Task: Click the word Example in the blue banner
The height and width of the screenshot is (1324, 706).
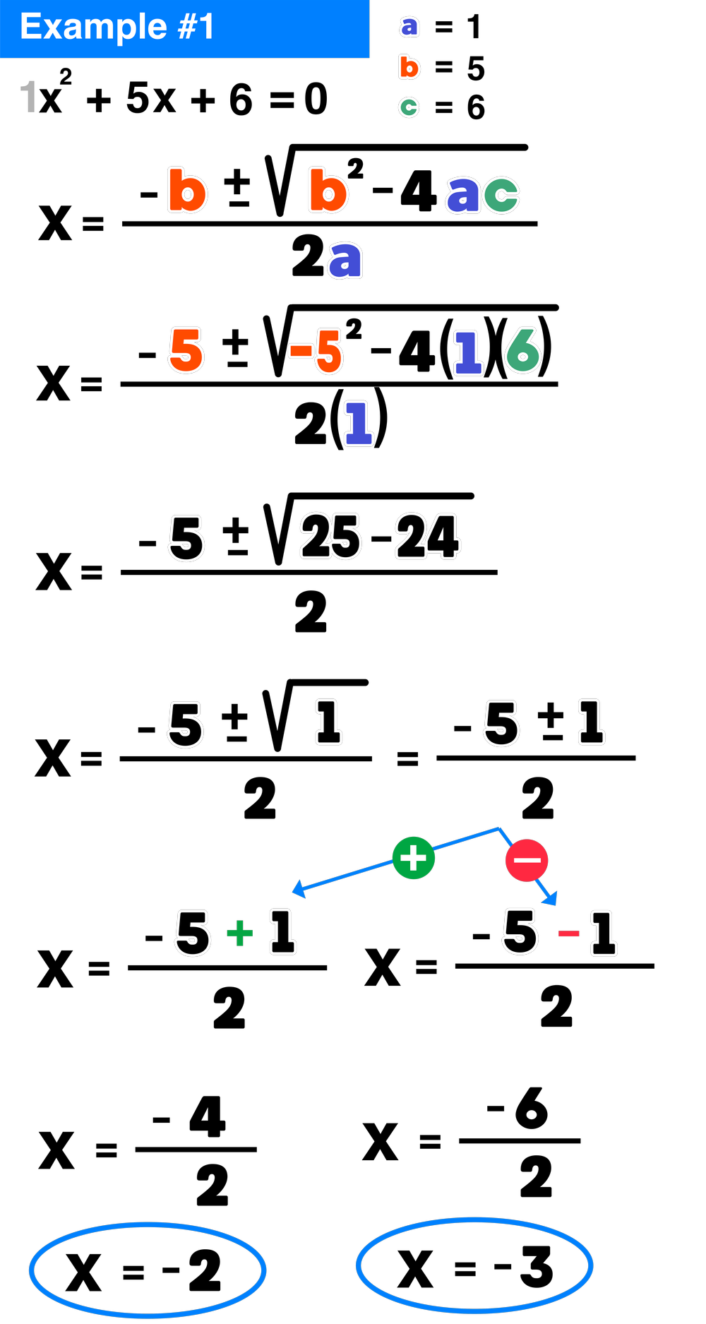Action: pyautogui.click(x=93, y=28)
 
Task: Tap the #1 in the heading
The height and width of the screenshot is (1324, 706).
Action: pyautogui.click(x=196, y=28)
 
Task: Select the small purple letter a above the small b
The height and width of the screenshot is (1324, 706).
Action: pyautogui.click(x=409, y=27)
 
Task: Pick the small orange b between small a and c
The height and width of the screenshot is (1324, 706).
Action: pyautogui.click(x=409, y=68)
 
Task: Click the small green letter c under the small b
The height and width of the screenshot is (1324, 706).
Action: pyautogui.click(x=409, y=107)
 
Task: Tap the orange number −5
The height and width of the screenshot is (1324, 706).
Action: pyautogui.click(x=316, y=351)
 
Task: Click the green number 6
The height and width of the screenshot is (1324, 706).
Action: pyautogui.click(x=523, y=350)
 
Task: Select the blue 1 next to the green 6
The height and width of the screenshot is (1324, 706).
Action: pyautogui.click(x=468, y=352)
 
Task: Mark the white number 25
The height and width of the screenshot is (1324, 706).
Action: pyautogui.click(x=330, y=537)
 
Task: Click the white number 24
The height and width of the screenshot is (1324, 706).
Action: pyautogui.click(x=427, y=537)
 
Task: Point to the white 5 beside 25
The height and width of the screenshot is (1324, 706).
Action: pyautogui.click(x=186, y=539)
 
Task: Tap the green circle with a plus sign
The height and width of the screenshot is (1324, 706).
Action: pyautogui.click(x=413, y=858)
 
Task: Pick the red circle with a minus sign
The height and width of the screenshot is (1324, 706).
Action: pyautogui.click(x=527, y=860)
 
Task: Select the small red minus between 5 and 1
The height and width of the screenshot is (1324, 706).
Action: pyautogui.click(x=568, y=935)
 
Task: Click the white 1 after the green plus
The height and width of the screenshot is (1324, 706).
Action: pyautogui.click(x=282, y=931)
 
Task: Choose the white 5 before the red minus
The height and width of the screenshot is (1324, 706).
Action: pyautogui.click(x=520, y=931)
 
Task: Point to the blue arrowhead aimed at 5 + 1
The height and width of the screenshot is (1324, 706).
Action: pyautogui.click(x=299, y=889)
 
